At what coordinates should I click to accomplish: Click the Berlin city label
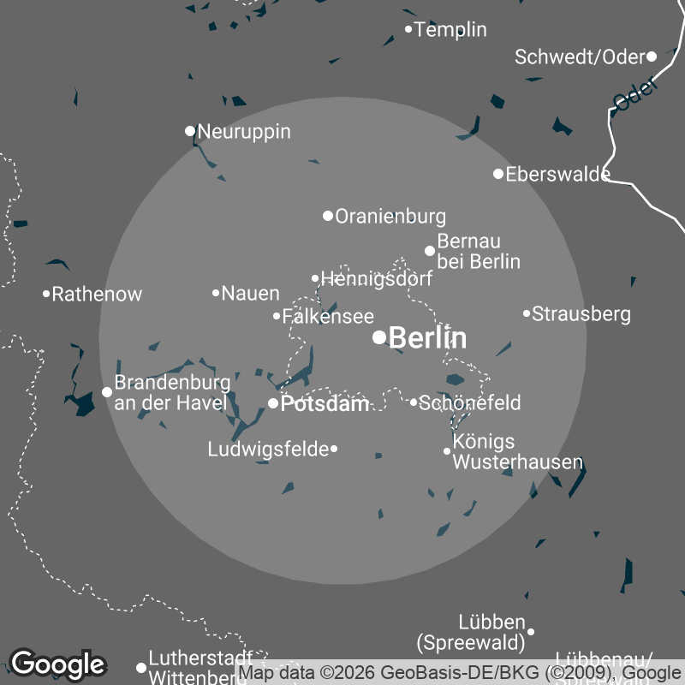(427, 338)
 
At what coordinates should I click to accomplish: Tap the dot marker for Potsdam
(273, 403)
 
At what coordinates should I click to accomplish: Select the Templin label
(450, 30)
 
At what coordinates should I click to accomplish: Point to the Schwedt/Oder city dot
(652, 57)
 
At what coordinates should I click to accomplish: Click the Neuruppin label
(243, 132)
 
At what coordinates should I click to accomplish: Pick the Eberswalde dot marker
(498, 174)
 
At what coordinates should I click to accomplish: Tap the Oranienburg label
(390, 217)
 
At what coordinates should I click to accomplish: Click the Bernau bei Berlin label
(479, 251)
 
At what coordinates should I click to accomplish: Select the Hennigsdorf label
(376, 279)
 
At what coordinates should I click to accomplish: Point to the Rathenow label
(97, 295)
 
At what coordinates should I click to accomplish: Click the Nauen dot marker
(216, 293)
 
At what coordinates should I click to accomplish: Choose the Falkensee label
(328, 316)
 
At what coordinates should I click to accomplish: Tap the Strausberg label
(581, 314)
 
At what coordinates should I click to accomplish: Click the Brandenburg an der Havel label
(172, 392)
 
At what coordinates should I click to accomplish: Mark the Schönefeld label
(470, 402)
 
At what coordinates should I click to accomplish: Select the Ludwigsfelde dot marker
(334, 449)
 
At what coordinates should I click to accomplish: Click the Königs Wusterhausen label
(517, 452)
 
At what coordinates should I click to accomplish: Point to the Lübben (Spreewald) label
(470, 632)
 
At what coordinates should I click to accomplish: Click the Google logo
(57, 664)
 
